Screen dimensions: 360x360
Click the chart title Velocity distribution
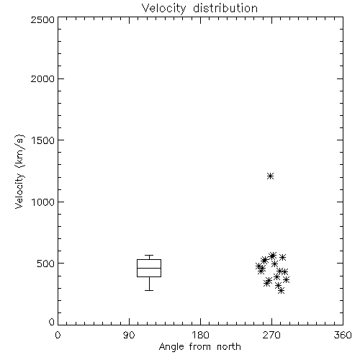pos(199,9)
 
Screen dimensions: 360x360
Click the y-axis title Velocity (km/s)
pos(19,171)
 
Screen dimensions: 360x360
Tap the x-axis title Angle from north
pos(199,347)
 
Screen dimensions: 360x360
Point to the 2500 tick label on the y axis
pos(42,19)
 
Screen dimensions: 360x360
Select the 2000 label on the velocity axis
pos(42,78)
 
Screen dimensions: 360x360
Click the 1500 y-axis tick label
pos(43,140)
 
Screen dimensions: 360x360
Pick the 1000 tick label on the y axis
pos(43,202)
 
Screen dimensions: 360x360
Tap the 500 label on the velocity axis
pos(46,264)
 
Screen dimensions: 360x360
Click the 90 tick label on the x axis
pos(129,335)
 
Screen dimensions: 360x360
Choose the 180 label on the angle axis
pos(200,335)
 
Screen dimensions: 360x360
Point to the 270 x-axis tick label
pos(271,335)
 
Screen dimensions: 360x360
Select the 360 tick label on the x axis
pos(343,335)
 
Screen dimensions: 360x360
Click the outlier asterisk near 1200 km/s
pos(271,176)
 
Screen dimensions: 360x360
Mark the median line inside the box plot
pos(149,268)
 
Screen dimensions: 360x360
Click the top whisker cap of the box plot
pos(149,256)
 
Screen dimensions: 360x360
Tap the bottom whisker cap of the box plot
pos(149,290)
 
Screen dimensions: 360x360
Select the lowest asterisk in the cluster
pos(282,291)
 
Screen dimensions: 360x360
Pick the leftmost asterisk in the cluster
pos(258,266)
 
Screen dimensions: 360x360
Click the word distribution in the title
pos(225,9)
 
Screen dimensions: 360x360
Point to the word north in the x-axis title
pos(229,346)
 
